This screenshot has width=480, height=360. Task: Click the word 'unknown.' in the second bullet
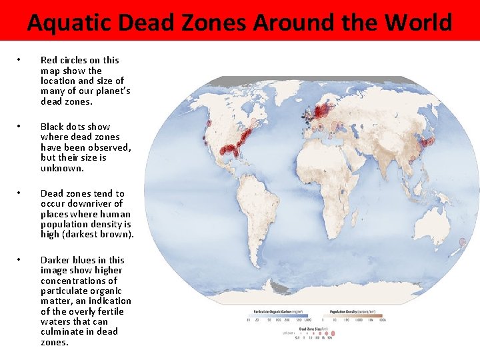[x=62, y=168]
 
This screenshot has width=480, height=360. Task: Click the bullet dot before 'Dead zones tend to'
[x=20, y=193]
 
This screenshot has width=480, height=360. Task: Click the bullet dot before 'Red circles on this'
[x=20, y=60]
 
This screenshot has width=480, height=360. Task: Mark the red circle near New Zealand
[x=462, y=242]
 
